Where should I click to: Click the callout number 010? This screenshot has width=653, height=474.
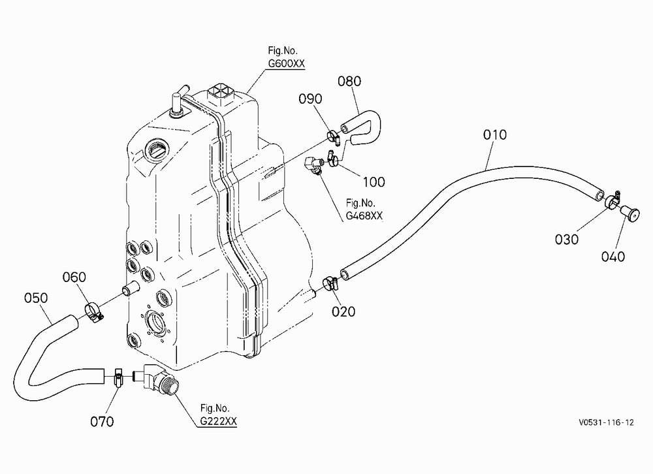(495, 134)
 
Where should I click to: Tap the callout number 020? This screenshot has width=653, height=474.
(343, 311)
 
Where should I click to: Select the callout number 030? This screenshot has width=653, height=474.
(567, 239)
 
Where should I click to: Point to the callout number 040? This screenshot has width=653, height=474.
(613, 256)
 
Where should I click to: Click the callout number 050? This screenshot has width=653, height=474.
(36, 298)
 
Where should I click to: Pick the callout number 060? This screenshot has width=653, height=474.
(74, 277)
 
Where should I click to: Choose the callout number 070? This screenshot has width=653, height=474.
(102, 422)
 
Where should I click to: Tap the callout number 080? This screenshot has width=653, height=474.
(349, 81)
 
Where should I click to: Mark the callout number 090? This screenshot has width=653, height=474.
(310, 99)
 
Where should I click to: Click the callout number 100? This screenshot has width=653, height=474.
(374, 182)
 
